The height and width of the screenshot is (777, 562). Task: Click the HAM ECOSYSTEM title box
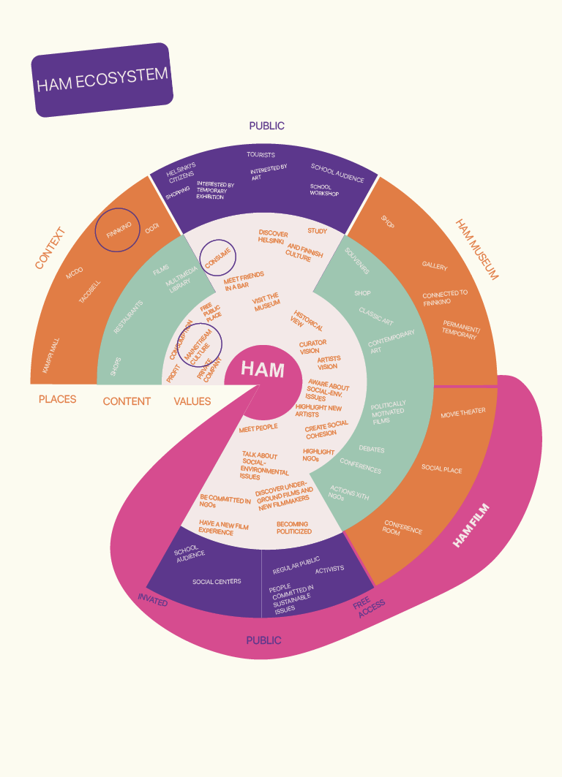pos(102,79)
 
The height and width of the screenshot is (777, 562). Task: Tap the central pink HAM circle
pos(263,370)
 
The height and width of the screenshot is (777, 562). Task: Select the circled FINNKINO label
pos(119,230)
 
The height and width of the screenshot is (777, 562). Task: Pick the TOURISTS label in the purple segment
pos(261,155)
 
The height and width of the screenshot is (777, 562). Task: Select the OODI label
pos(151,229)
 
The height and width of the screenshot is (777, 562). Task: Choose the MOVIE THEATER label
pos(462,412)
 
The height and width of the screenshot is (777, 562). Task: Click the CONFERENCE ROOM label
pos(402,527)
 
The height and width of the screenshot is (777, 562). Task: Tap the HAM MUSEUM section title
pos(476,249)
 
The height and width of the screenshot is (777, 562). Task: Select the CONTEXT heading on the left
pos(50,248)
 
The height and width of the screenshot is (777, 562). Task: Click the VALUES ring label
pos(192,401)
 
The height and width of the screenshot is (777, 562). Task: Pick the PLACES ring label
pos(57,400)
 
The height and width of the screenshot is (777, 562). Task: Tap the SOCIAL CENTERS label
pos(217,582)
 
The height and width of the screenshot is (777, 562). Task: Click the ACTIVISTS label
pos(329,569)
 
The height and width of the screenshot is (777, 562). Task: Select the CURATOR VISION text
pos(312,346)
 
